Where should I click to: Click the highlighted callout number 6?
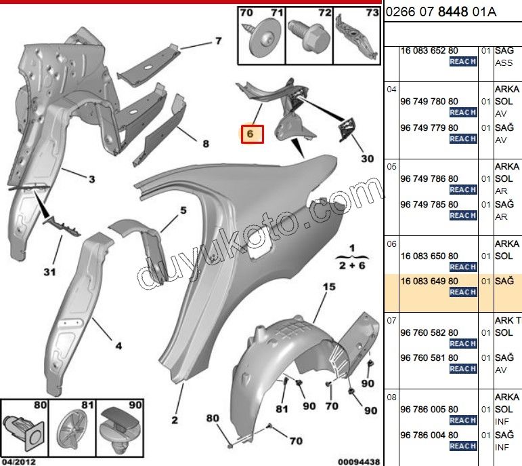(250, 134)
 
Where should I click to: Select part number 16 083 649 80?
(429, 281)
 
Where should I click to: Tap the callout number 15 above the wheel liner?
(329, 287)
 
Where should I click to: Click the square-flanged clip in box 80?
(24, 429)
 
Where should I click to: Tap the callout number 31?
(49, 272)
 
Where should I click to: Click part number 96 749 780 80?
(429, 101)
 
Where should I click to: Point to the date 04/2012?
(19, 462)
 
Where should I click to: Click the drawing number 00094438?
(359, 462)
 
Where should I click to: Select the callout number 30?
(368, 159)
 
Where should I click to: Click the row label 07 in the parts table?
(391, 321)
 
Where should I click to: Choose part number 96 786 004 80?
(429, 435)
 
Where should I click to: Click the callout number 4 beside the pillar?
(118, 346)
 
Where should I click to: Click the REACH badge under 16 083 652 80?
(463, 62)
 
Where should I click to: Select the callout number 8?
(206, 144)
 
